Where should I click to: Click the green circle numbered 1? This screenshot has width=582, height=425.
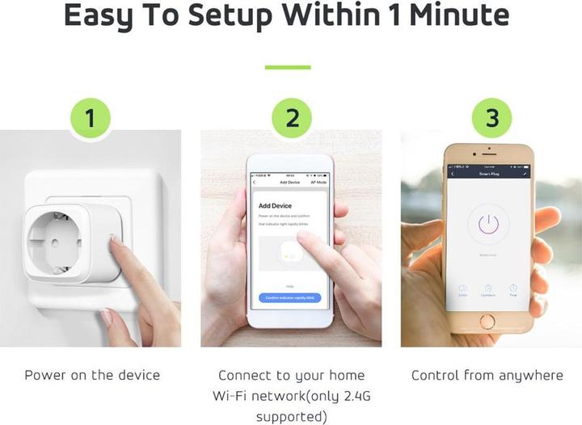91,119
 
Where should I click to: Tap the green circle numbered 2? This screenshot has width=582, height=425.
293,119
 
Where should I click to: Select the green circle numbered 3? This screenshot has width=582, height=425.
492,119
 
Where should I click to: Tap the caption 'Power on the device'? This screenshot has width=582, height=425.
92,375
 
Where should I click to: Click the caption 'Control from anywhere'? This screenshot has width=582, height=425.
487,375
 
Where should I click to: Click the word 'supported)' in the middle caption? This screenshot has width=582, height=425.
292,417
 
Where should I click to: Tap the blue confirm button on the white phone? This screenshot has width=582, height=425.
290,297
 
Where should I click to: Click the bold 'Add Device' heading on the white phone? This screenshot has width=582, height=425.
275,206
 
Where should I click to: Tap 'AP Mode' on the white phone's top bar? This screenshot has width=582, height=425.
318,183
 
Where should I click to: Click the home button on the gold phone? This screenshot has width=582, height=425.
487,321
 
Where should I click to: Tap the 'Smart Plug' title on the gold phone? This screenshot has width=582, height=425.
487,174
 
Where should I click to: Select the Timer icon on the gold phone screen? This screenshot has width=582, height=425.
512,289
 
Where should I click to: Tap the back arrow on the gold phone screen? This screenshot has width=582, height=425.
452,174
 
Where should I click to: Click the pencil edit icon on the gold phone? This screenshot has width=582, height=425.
525,174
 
